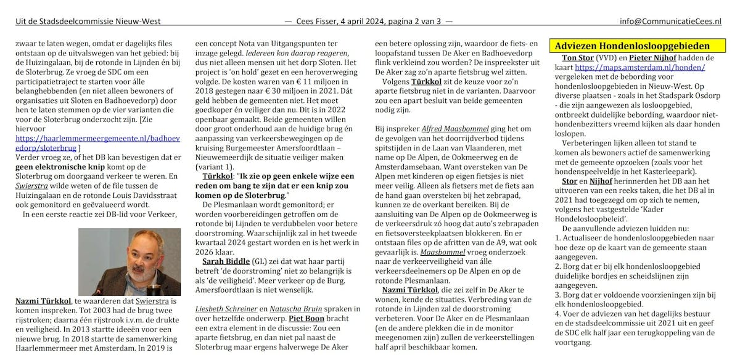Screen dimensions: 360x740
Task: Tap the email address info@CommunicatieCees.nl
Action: pyautogui.click(x=670, y=22)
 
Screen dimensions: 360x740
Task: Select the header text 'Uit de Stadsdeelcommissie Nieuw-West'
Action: pyautogui.click(x=88, y=22)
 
